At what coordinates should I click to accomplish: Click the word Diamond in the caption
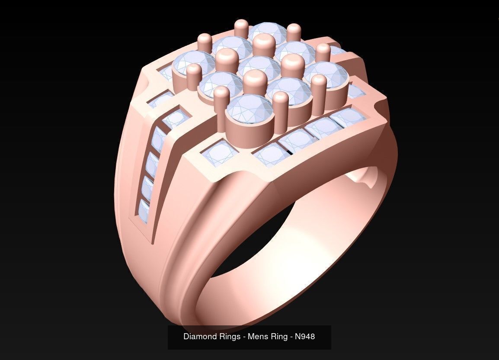tap(199, 336)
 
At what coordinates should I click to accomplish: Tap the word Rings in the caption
tap(229, 336)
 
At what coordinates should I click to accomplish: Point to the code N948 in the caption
tap(305, 336)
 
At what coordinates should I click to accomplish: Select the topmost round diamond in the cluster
tap(269, 32)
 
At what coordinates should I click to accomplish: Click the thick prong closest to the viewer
tap(255, 83)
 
